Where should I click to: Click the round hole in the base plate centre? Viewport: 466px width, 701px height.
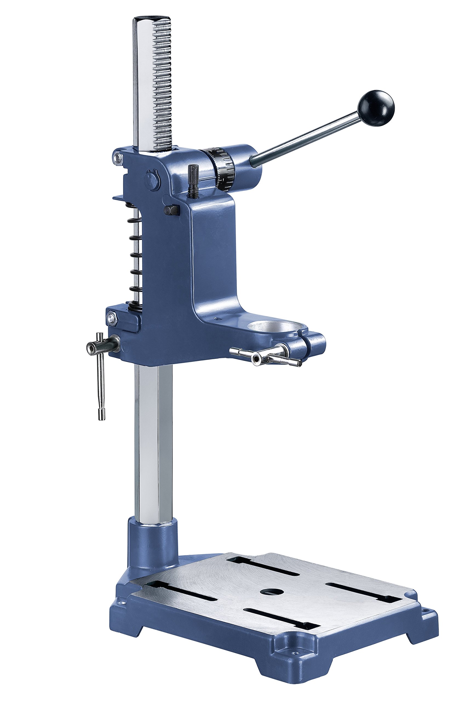[271, 583]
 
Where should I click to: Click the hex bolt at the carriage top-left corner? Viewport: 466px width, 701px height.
[119, 157]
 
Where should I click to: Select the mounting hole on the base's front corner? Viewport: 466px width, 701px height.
[295, 659]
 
